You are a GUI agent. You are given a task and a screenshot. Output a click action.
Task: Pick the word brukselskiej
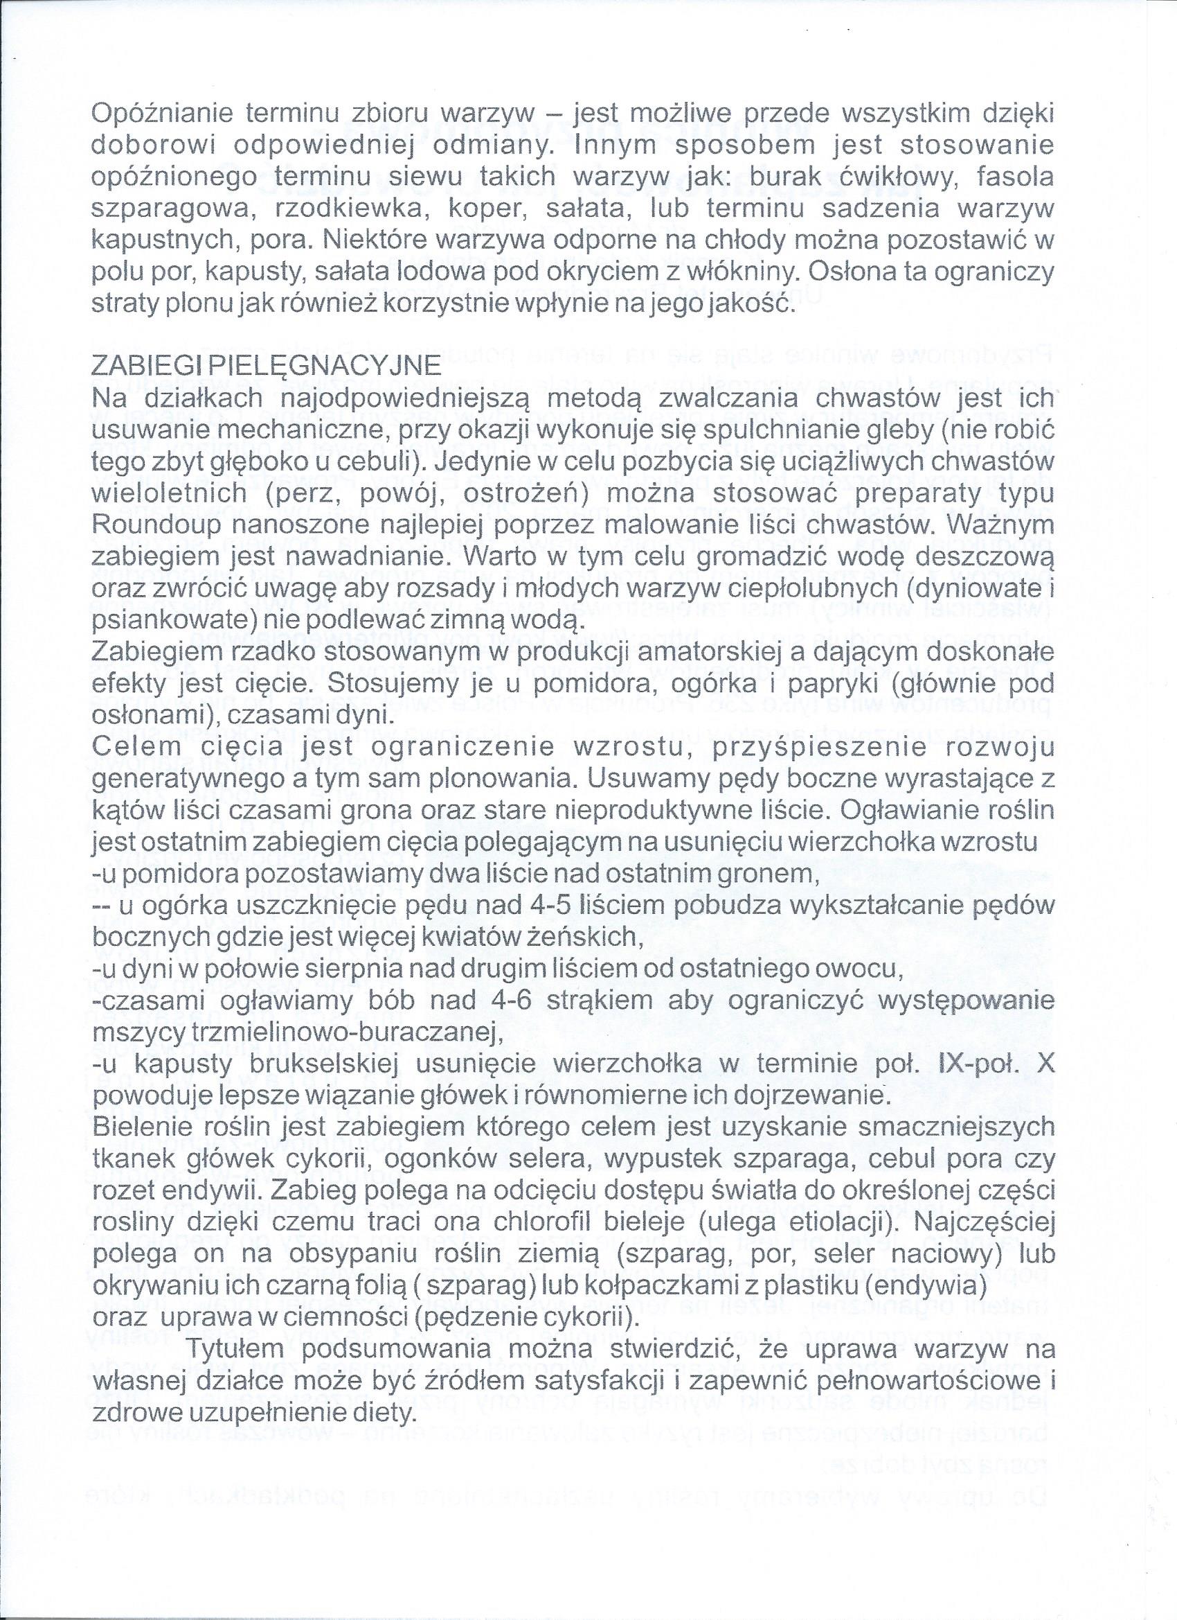pos(315,1064)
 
